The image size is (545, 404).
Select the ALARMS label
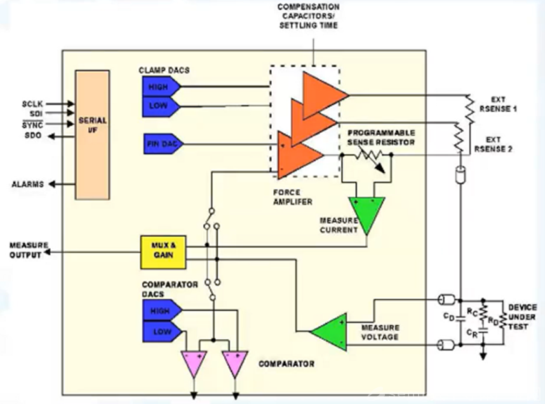tap(26, 184)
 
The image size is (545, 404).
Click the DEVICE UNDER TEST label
tap(522, 318)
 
